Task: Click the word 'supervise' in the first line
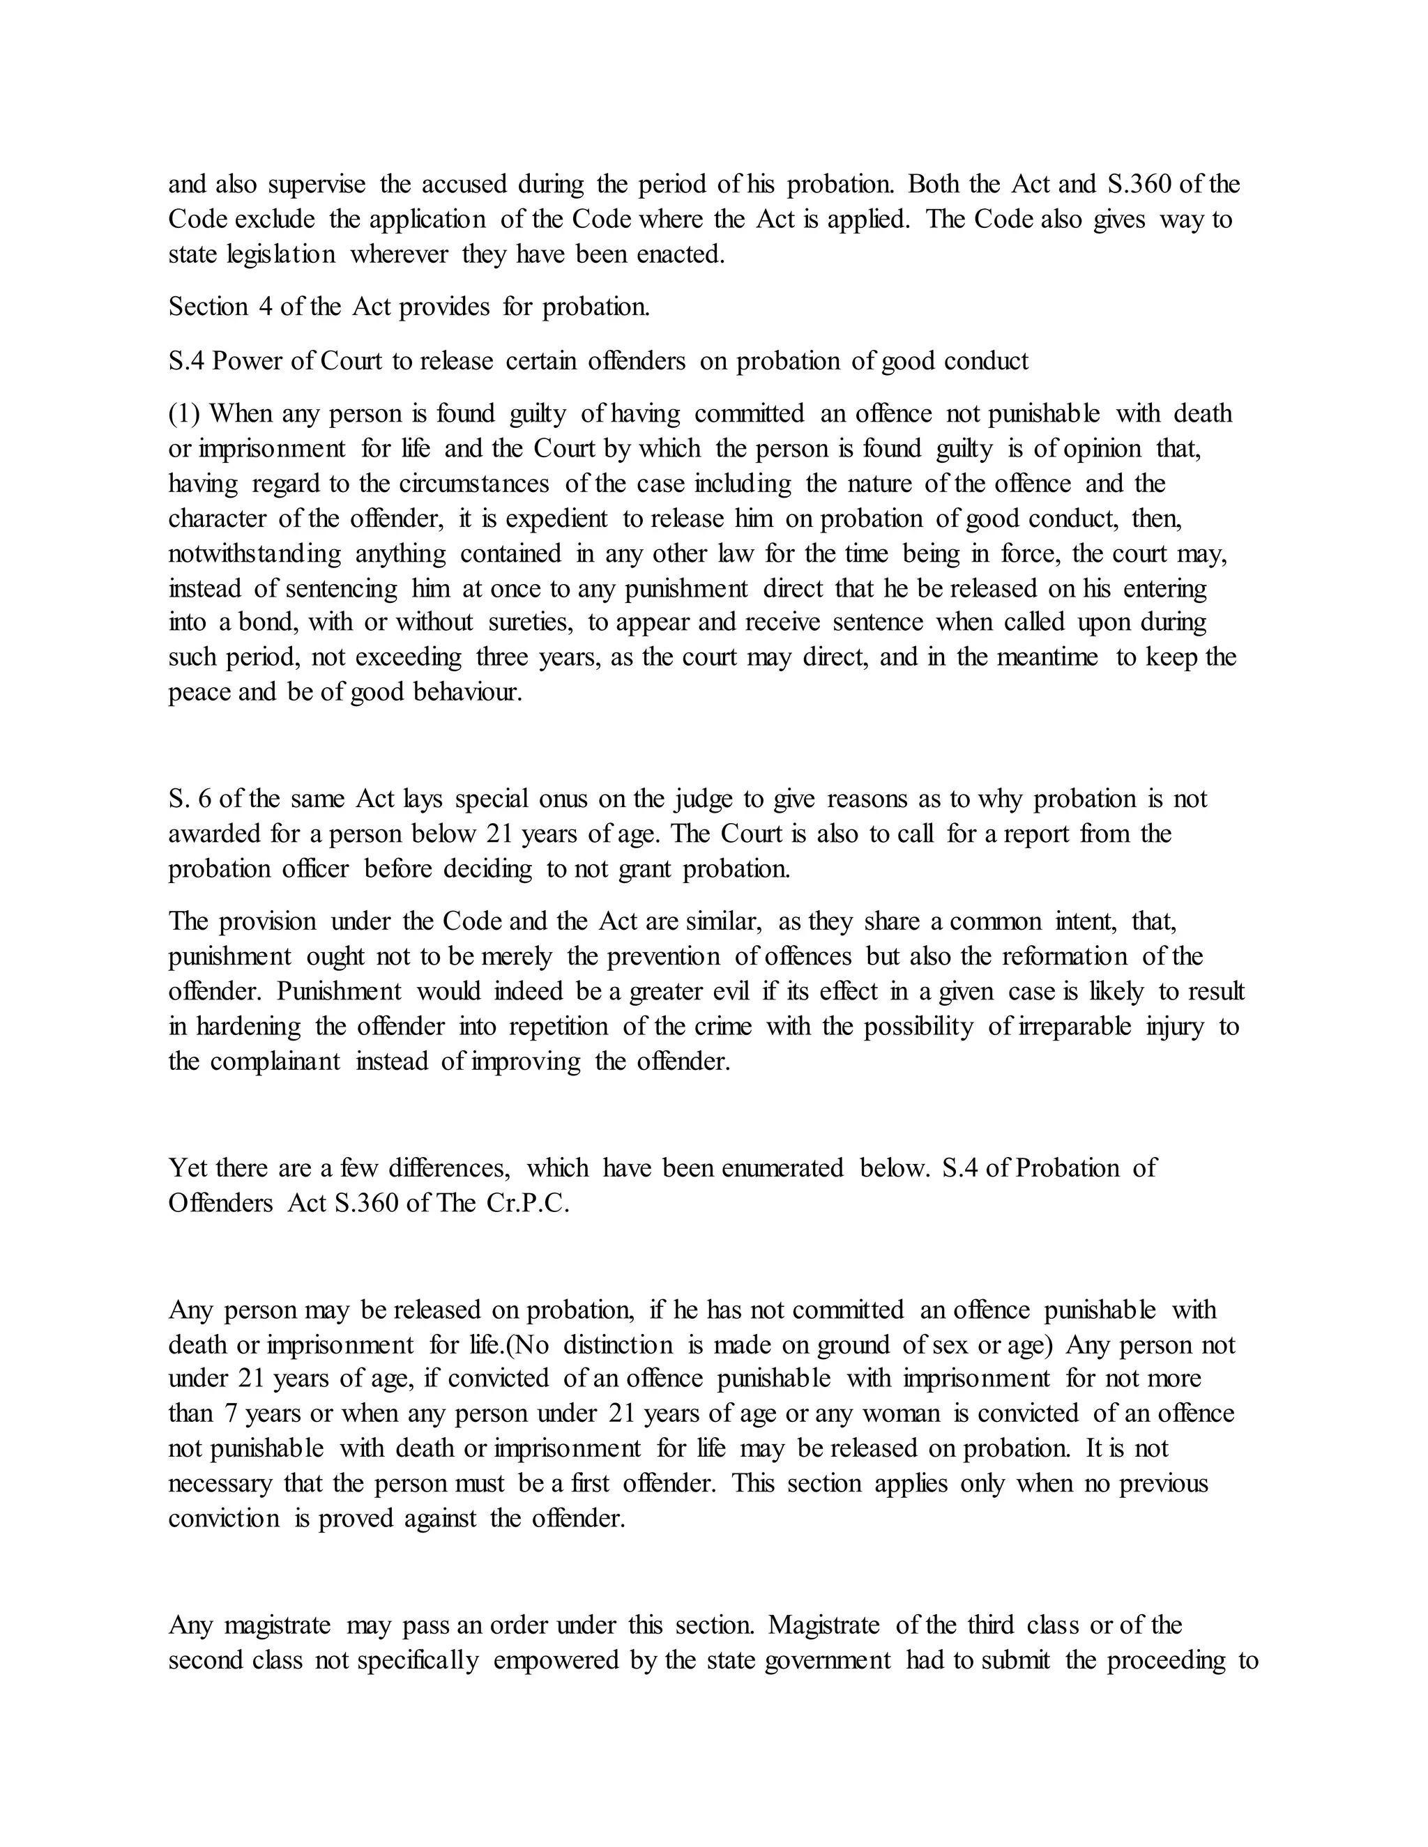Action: [317, 185]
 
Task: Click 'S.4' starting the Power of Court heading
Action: [186, 361]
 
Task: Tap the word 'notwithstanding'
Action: [255, 554]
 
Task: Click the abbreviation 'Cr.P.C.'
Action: [527, 1204]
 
